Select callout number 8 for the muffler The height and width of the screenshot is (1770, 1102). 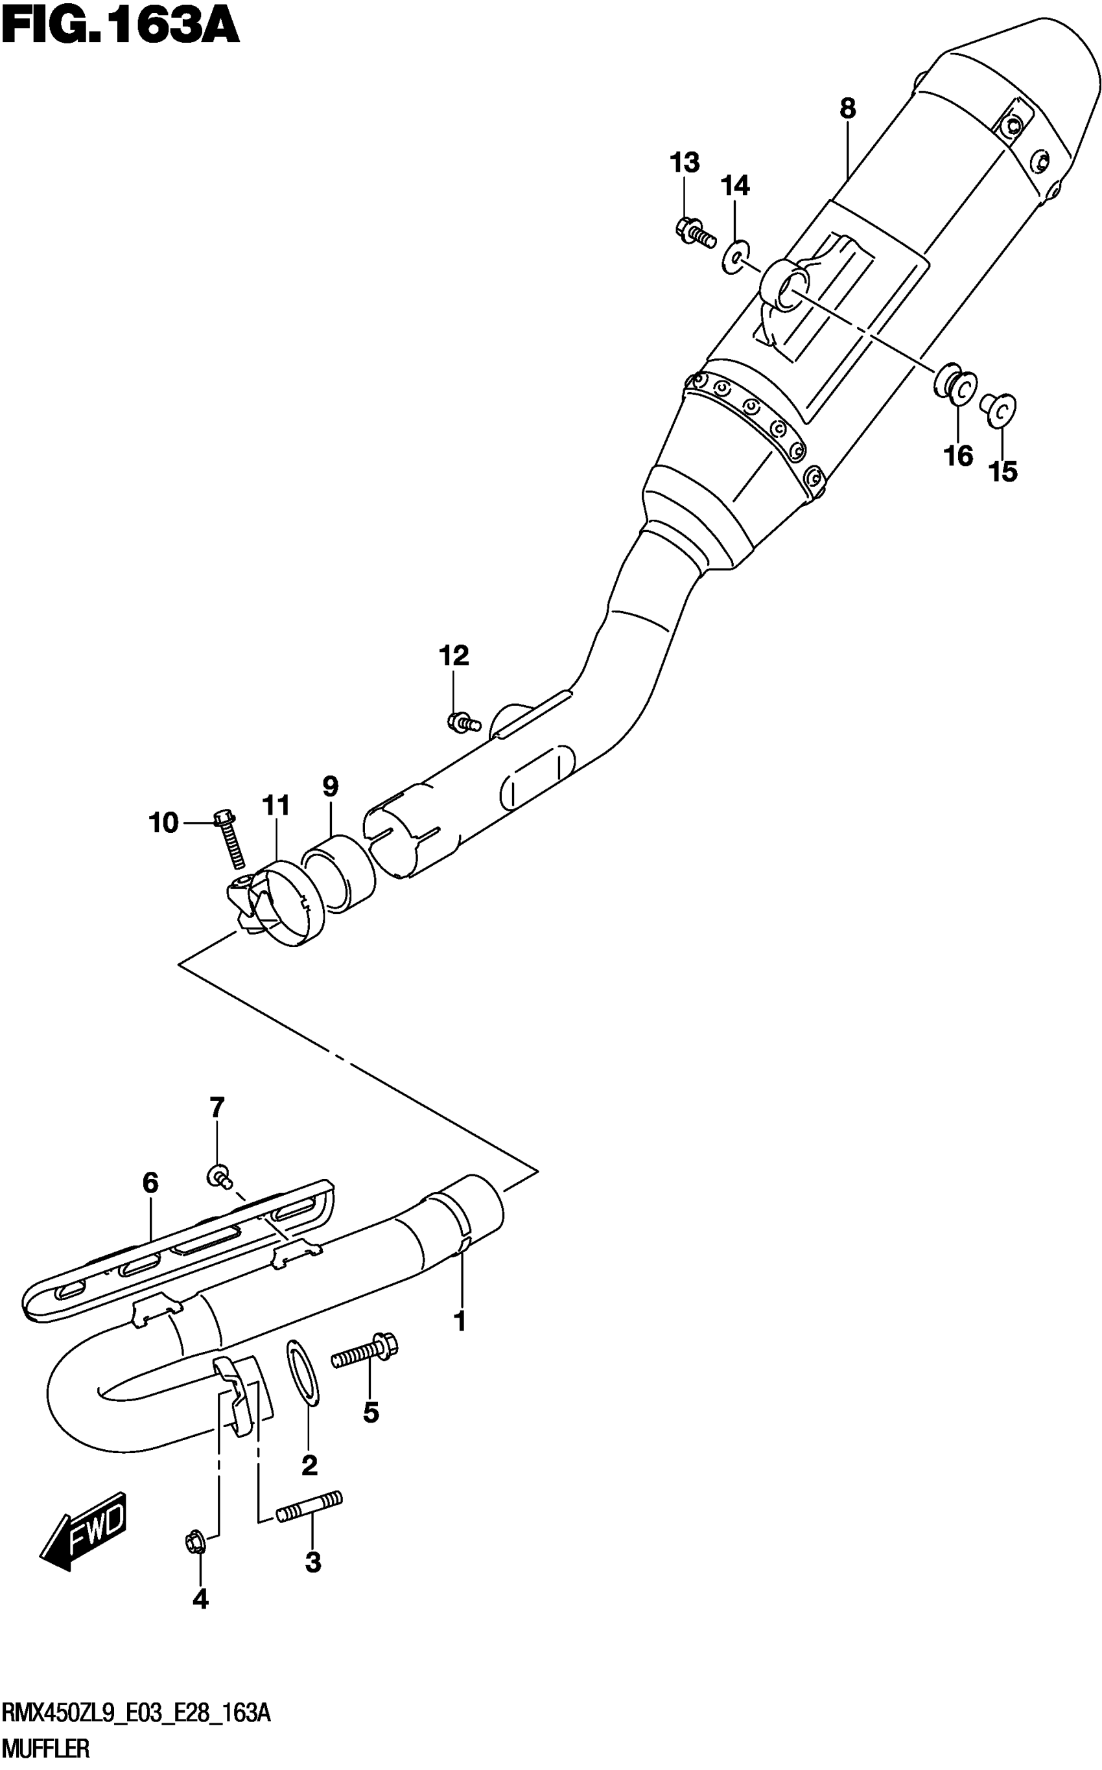coord(847,110)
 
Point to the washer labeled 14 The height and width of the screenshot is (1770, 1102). coord(734,257)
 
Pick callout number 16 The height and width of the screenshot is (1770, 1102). coord(959,456)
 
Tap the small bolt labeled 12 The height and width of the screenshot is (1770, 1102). coord(462,722)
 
